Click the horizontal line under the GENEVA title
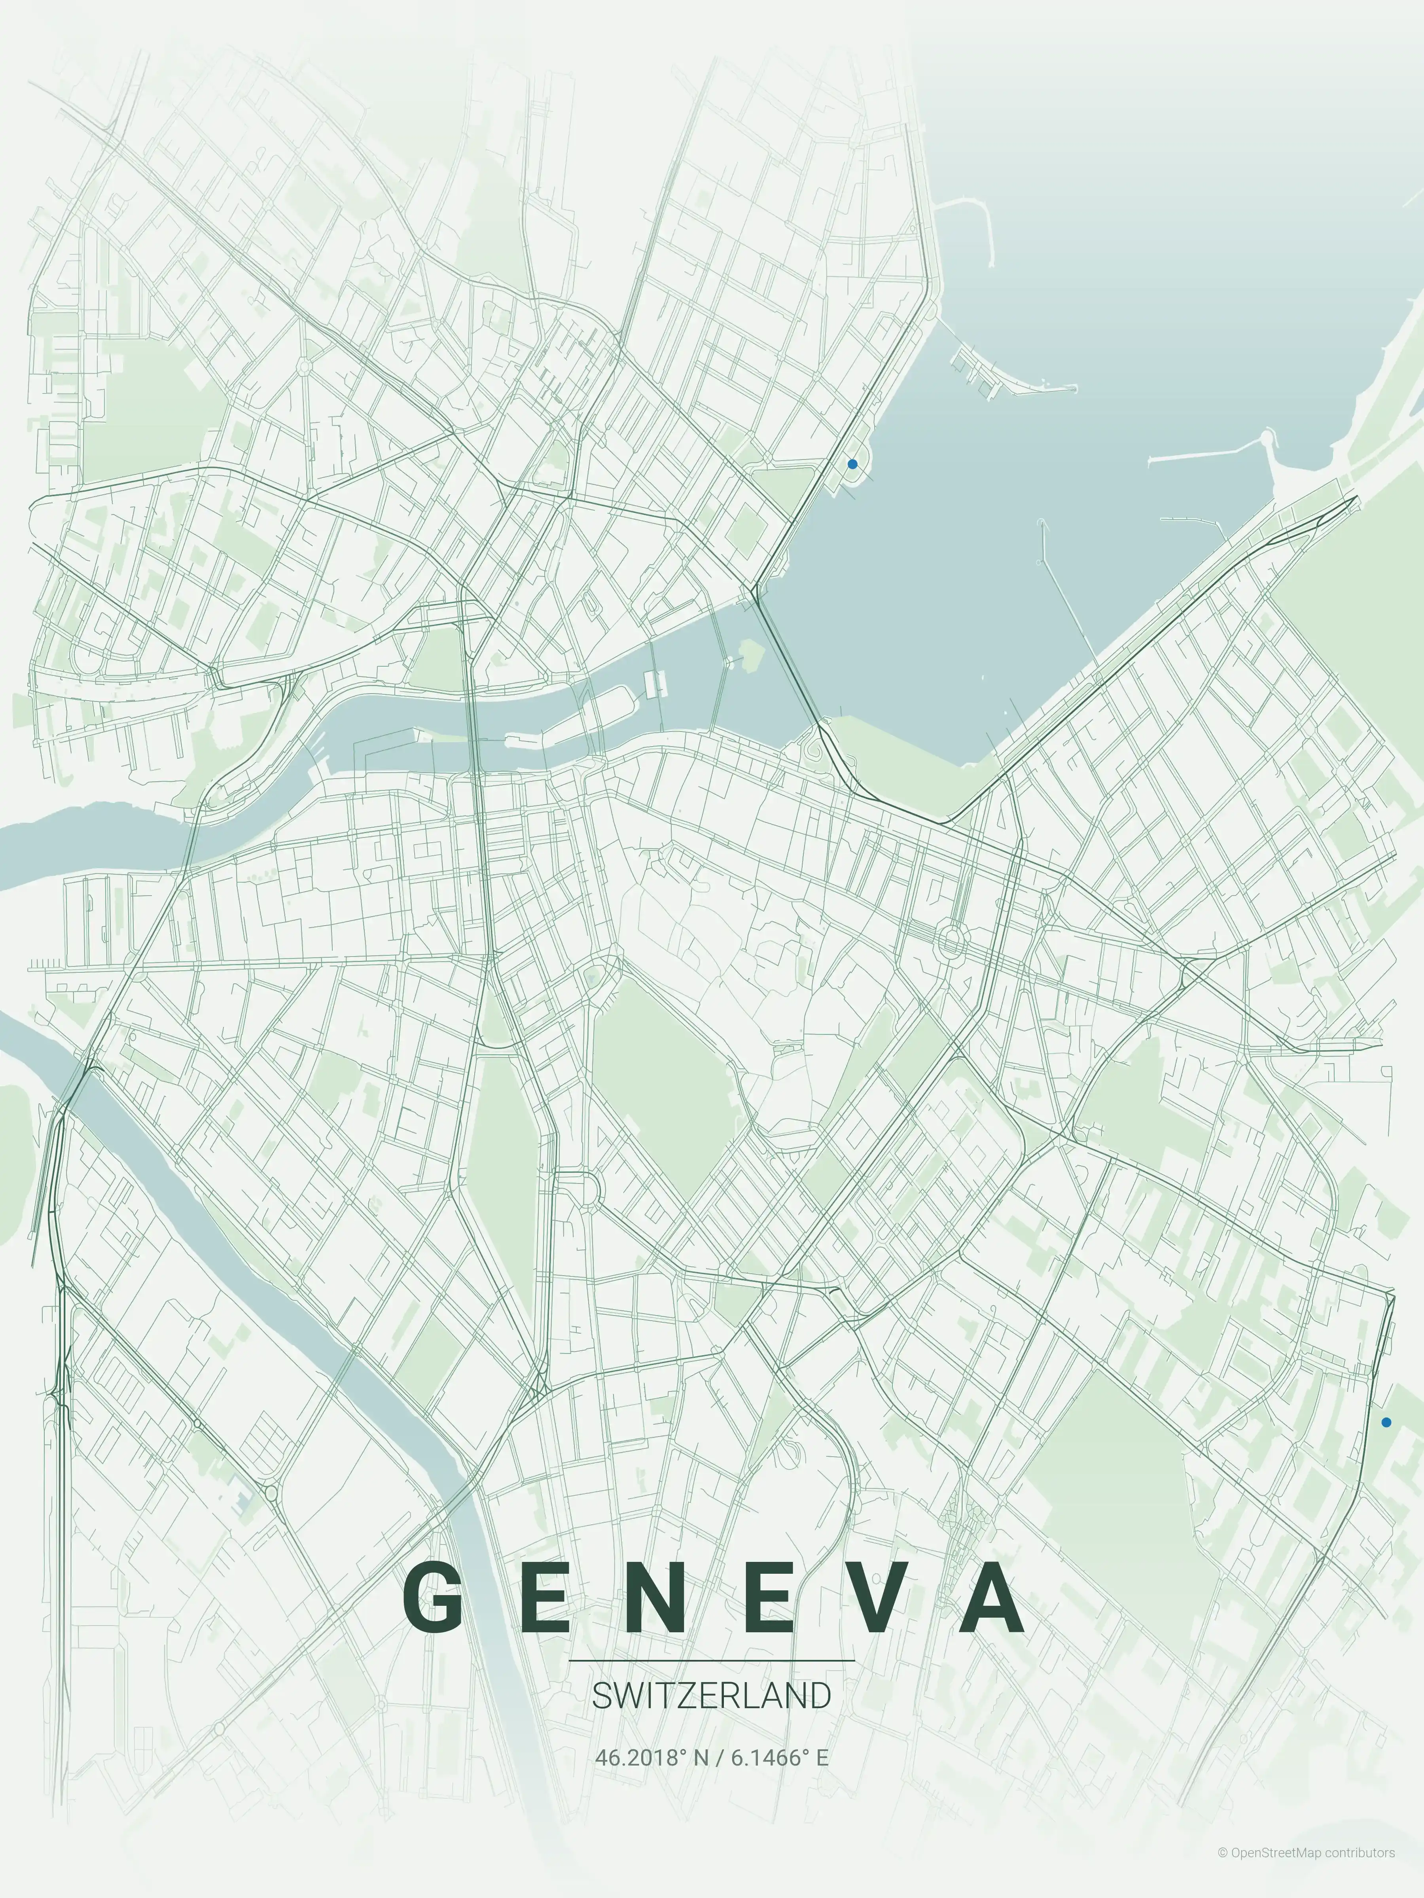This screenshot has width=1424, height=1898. pyautogui.click(x=712, y=1660)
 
